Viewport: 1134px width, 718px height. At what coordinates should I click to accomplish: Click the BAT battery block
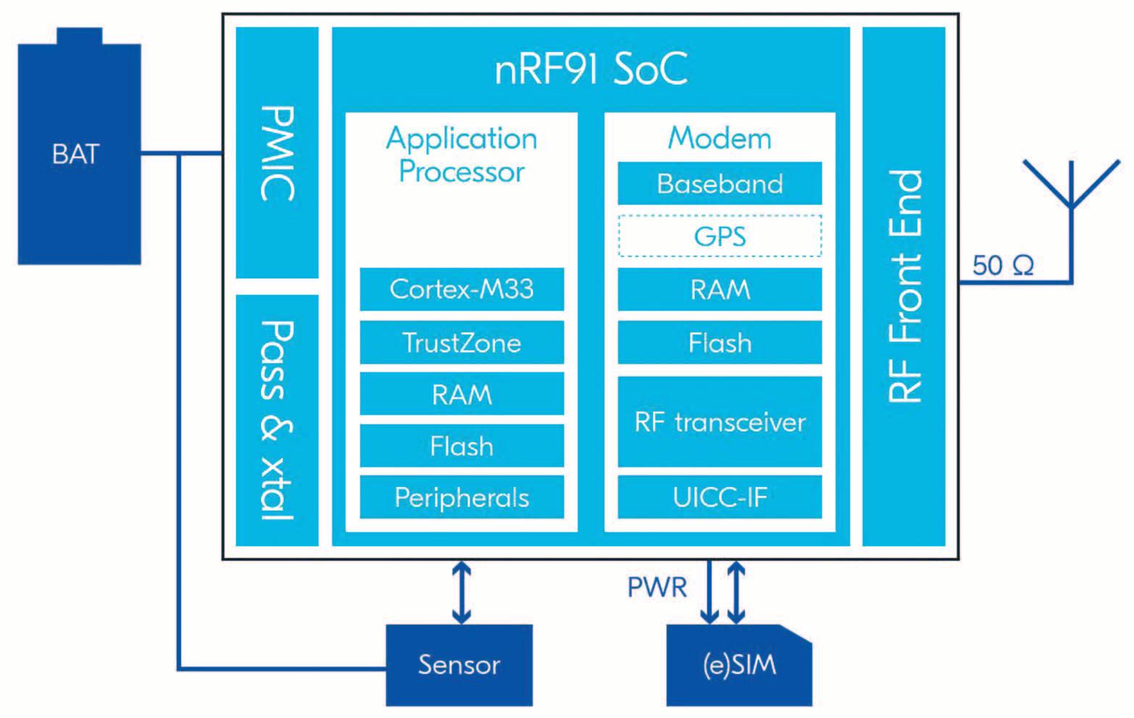(x=79, y=154)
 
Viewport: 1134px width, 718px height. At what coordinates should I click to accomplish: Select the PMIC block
(x=277, y=153)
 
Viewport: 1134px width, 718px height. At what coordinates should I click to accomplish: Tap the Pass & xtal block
(x=277, y=420)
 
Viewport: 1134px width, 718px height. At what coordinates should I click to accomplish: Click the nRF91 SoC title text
(x=591, y=70)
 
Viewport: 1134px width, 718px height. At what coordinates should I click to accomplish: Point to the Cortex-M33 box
(x=462, y=289)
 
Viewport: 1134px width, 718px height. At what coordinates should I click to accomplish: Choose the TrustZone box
(x=462, y=343)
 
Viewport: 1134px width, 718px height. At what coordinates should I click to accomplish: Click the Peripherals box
(x=462, y=497)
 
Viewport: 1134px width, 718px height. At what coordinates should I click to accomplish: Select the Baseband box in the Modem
(x=720, y=183)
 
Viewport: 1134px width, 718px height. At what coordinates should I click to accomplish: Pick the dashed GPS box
(x=720, y=236)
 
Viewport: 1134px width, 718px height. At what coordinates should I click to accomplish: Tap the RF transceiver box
(x=720, y=422)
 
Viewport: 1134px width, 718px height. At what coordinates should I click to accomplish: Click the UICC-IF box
(x=720, y=497)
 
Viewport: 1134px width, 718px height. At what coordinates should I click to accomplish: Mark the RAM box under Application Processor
(x=462, y=394)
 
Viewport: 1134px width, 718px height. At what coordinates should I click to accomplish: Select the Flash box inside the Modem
(x=720, y=343)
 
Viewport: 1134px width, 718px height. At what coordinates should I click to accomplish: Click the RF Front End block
(x=904, y=286)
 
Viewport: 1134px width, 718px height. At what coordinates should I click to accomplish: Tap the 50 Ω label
(x=1003, y=266)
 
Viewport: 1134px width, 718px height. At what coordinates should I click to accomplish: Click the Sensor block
(x=459, y=664)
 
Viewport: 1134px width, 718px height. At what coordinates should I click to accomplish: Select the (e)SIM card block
(x=739, y=664)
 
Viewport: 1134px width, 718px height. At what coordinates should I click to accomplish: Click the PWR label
(x=656, y=587)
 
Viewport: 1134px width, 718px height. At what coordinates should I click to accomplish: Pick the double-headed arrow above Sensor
(x=462, y=593)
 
